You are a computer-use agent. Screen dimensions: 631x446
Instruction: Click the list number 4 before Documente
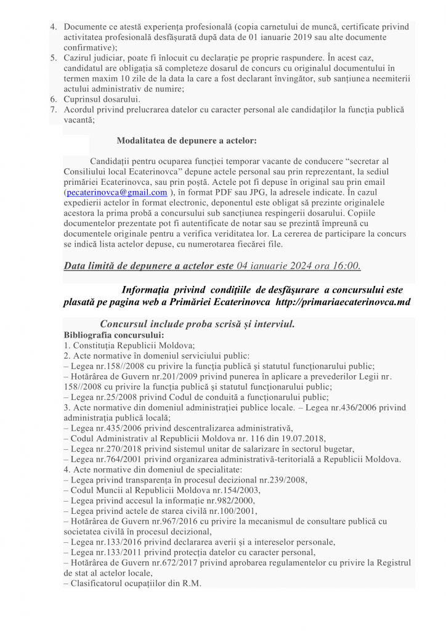pyautogui.click(x=54, y=27)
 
